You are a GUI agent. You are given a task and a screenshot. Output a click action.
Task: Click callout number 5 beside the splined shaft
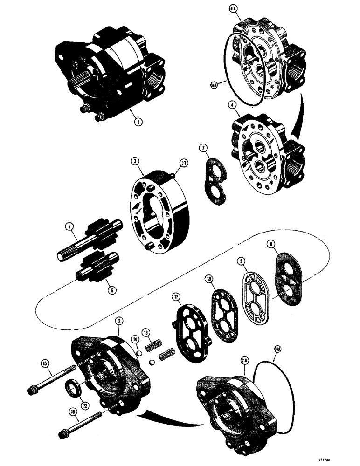click(x=70, y=228)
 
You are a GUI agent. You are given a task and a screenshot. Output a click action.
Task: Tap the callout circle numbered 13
click(x=147, y=333)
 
